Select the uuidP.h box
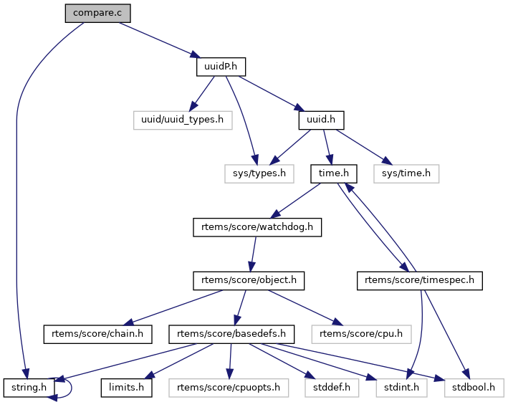point(221,67)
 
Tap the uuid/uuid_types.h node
point(183,120)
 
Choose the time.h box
point(334,173)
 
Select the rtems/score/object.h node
point(248,280)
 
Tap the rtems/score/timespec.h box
point(419,280)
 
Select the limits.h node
point(126,387)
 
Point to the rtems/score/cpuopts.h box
point(229,387)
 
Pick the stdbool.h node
point(474,387)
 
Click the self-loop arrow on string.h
point(70,387)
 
